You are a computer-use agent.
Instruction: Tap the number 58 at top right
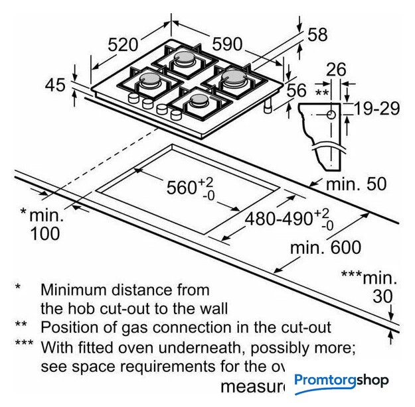click(x=317, y=35)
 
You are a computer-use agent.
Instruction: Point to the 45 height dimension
click(x=56, y=85)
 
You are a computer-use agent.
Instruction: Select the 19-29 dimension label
click(x=376, y=107)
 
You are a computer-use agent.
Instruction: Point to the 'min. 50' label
click(x=356, y=184)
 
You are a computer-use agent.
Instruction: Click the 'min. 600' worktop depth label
click(x=327, y=248)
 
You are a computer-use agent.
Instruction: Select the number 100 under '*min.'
click(x=44, y=233)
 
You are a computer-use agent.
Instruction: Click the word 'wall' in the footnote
click(x=212, y=308)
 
